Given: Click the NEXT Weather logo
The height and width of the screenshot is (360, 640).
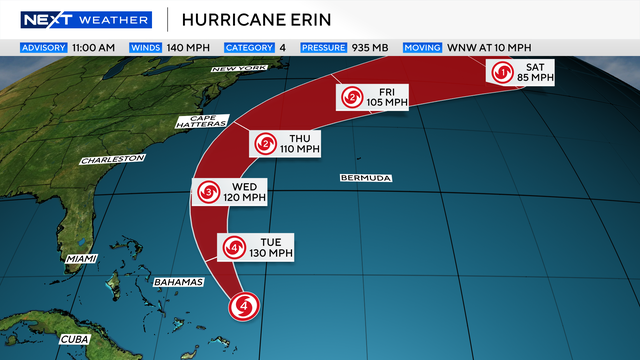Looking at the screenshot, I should pyautogui.click(x=85, y=19).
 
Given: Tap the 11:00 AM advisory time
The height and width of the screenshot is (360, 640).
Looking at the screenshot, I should pyautogui.click(x=94, y=47).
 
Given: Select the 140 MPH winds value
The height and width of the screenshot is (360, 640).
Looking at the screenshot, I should pyautogui.click(x=190, y=47).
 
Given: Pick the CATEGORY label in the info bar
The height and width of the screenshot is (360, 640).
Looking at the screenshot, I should pyautogui.click(x=250, y=47).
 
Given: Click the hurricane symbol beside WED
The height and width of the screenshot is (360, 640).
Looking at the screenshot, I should pyautogui.click(x=208, y=193).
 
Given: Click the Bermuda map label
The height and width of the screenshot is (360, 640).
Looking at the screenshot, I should pyautogui.click(x=366, y=178).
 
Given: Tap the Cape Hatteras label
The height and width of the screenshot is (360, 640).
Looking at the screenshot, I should pyautogui.click(x=202, y=122).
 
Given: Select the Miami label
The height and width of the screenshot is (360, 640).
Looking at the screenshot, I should pyautogui.click(x=82, y=258).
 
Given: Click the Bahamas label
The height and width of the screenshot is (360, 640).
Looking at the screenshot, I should pyautogui.click(x=179, y=282).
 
